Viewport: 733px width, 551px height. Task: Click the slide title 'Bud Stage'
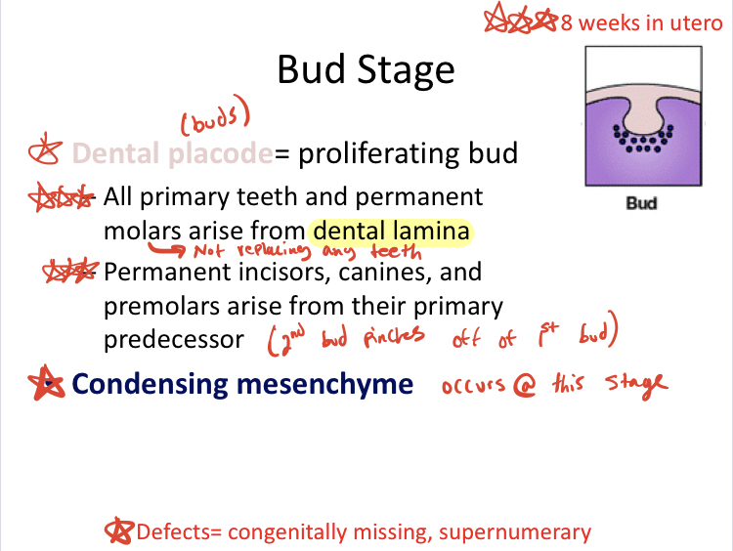click(x=366, y=70)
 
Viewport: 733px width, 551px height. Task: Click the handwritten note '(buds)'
click(x=215, y=122)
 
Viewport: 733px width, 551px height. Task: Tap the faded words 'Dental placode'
click(x=171, y=153)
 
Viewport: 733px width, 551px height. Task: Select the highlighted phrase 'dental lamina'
click(x=392, y=232)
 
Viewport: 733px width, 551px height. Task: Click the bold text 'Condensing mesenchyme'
click(x=243, y=383)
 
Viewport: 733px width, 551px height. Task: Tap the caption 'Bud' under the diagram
click(x=641, y=204)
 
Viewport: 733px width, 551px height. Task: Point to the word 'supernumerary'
click(x=515, y=532)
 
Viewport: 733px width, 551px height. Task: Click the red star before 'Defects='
click(x=119, y=531)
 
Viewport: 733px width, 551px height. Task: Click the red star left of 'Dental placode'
click(x=44, y=153)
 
